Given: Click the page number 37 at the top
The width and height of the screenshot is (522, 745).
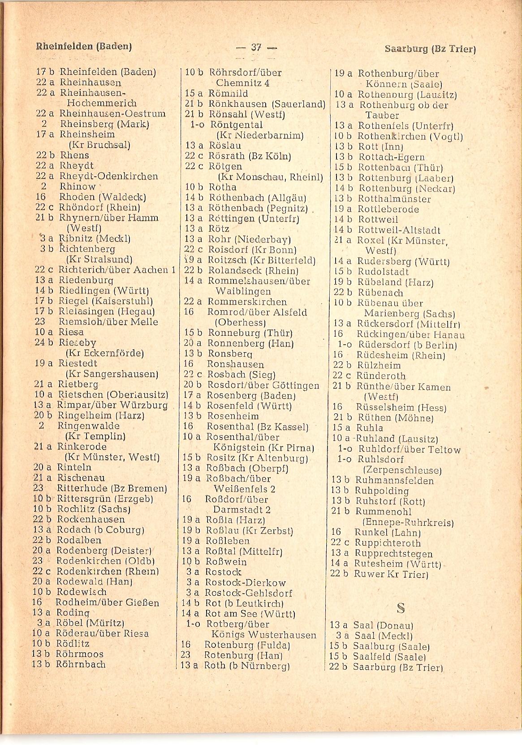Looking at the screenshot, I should [x=256, y=47].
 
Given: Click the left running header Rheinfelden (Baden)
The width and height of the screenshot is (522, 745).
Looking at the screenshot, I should [x=84, y=46].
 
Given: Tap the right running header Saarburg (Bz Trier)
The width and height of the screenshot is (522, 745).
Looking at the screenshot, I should [x=429, y=49].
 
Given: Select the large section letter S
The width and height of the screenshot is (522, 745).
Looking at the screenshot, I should [x=401, y=608].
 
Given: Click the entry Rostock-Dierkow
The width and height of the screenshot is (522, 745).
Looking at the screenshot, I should [x=245, y=583].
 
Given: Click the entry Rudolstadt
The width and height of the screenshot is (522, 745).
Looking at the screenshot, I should [x=383, y=272].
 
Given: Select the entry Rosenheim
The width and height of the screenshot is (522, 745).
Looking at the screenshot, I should [x=233, y=416].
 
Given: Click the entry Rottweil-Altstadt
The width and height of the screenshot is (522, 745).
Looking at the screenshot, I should [x=399, y=230].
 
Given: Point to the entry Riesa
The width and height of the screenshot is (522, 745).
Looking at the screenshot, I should [x=71, y=332].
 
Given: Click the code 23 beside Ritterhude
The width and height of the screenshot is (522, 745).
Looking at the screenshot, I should [x=38, y=488].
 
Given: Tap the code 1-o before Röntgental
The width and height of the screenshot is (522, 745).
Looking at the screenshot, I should [x=197, y=125].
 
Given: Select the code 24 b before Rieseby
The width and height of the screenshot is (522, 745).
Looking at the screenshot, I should [x=44, y=343].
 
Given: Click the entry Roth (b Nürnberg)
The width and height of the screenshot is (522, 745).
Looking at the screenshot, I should [x=246, y=666].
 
